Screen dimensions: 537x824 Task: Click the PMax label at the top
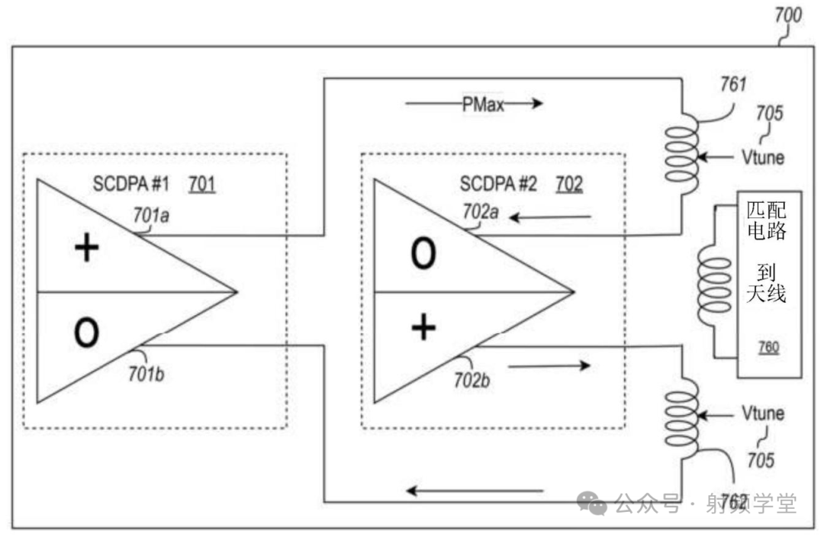coord(483,105)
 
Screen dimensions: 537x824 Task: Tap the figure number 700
coord(787,14)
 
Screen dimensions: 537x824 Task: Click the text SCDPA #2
coord(497,185)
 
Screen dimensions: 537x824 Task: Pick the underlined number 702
coord(568,185)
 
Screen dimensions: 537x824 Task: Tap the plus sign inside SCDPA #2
coord(423,328)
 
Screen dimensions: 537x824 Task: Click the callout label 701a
coord(151,217)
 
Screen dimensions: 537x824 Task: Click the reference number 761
coord(732,84)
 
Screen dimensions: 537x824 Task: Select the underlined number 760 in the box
coord(768,348)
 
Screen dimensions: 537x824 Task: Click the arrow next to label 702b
coord(549,366)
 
